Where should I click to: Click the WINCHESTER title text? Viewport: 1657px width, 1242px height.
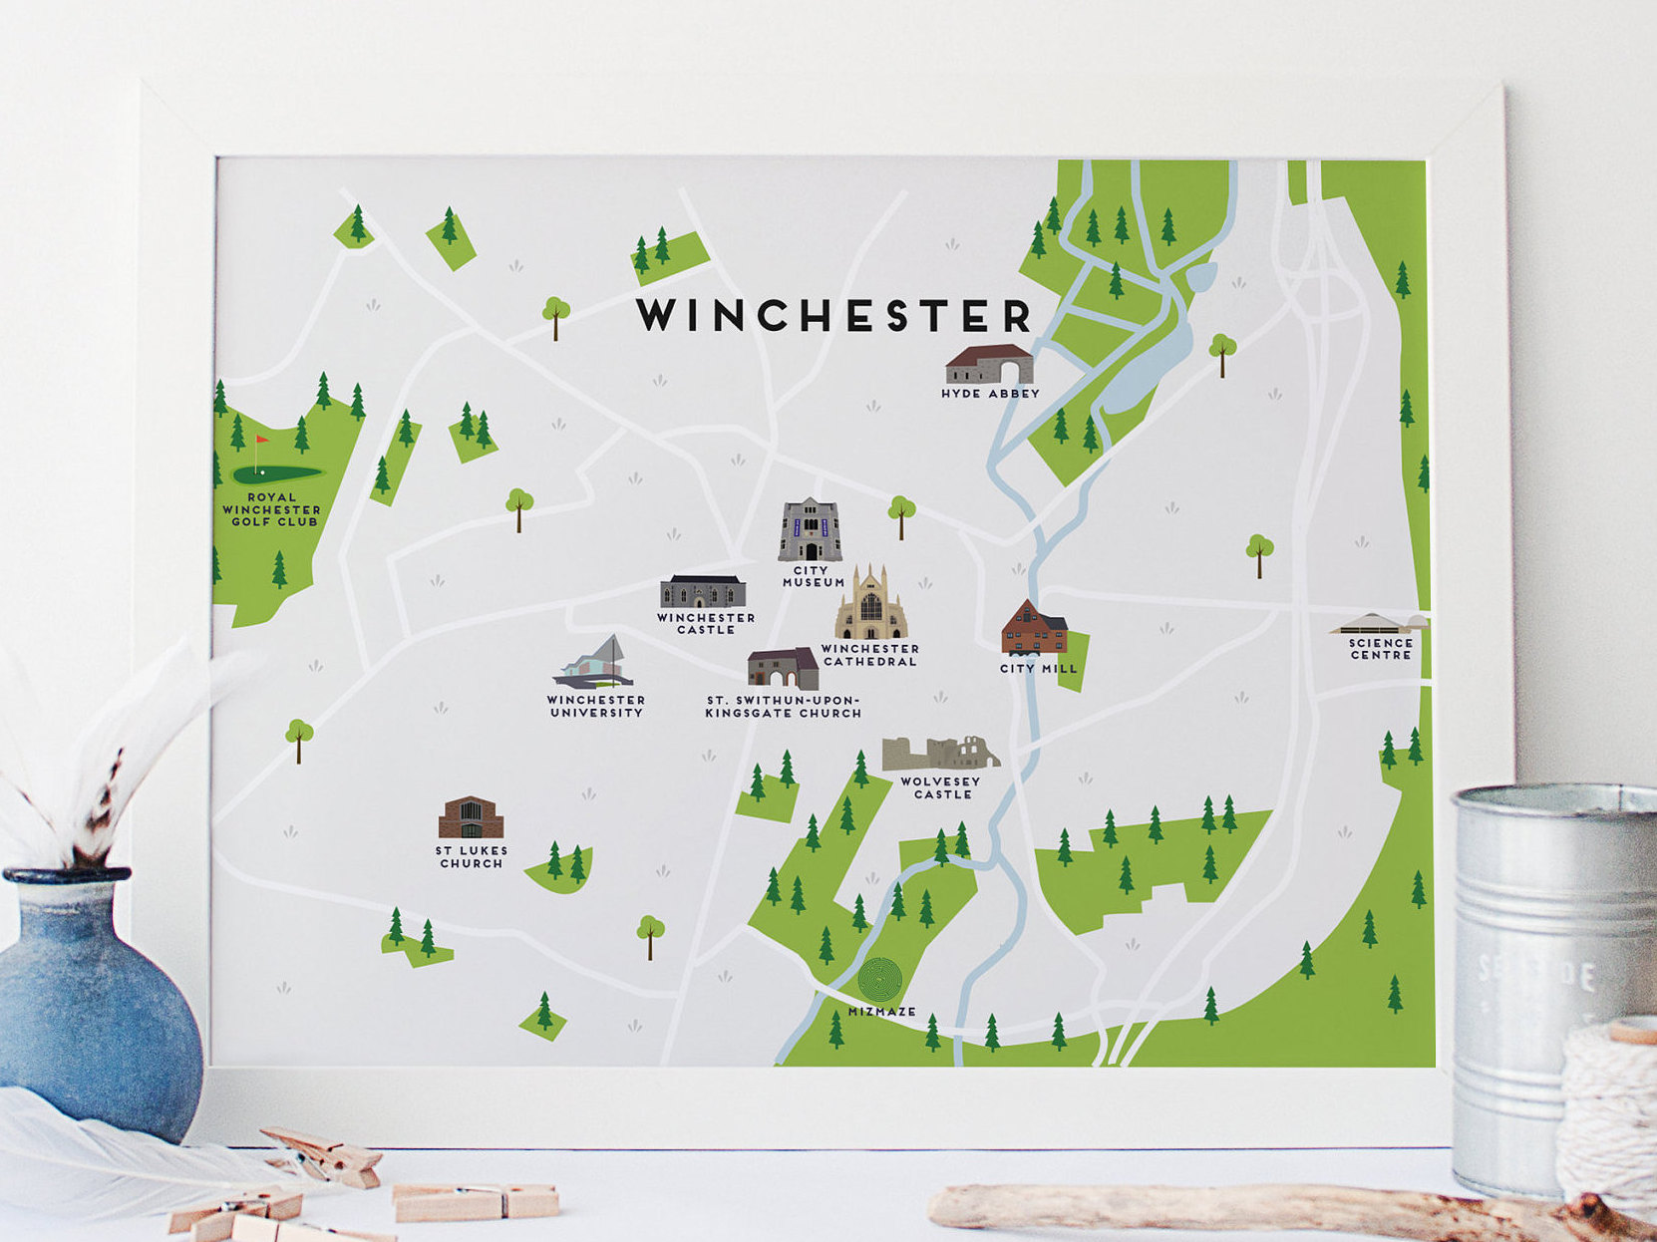[x=833, y=315]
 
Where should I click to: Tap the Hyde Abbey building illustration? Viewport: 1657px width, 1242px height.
[x=988, y=365]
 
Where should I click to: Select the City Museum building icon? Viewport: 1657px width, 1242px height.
[x=810, y=530]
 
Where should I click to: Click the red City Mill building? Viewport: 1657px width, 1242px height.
[x=1034, y=628]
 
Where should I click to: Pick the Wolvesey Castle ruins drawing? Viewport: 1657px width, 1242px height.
[x=939, y=754]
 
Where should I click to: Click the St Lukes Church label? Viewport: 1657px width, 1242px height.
[x=472, y=857]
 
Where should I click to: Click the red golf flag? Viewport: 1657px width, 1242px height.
[x=261, y=440]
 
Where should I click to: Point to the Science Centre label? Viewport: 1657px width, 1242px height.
[x=1381, y=649]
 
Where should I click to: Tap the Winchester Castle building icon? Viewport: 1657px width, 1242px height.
[x=703, y=591]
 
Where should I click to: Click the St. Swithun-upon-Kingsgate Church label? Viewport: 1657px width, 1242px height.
[x=783, y=707]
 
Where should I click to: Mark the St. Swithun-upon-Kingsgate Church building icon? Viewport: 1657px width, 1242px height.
[x=783, y=669]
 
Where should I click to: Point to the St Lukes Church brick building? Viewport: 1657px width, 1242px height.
[x=471, y=818]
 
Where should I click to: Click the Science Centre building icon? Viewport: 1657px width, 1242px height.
[x=1379, y=625]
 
